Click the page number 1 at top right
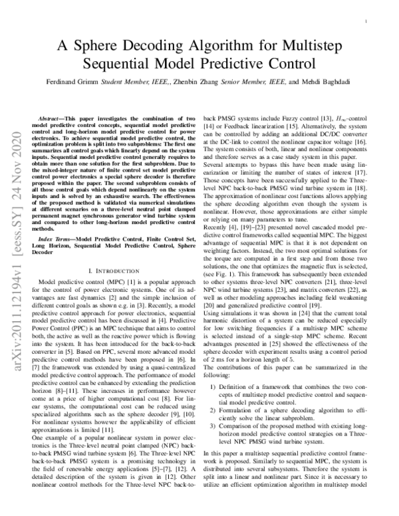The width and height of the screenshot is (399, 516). click(x=368, y=22)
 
